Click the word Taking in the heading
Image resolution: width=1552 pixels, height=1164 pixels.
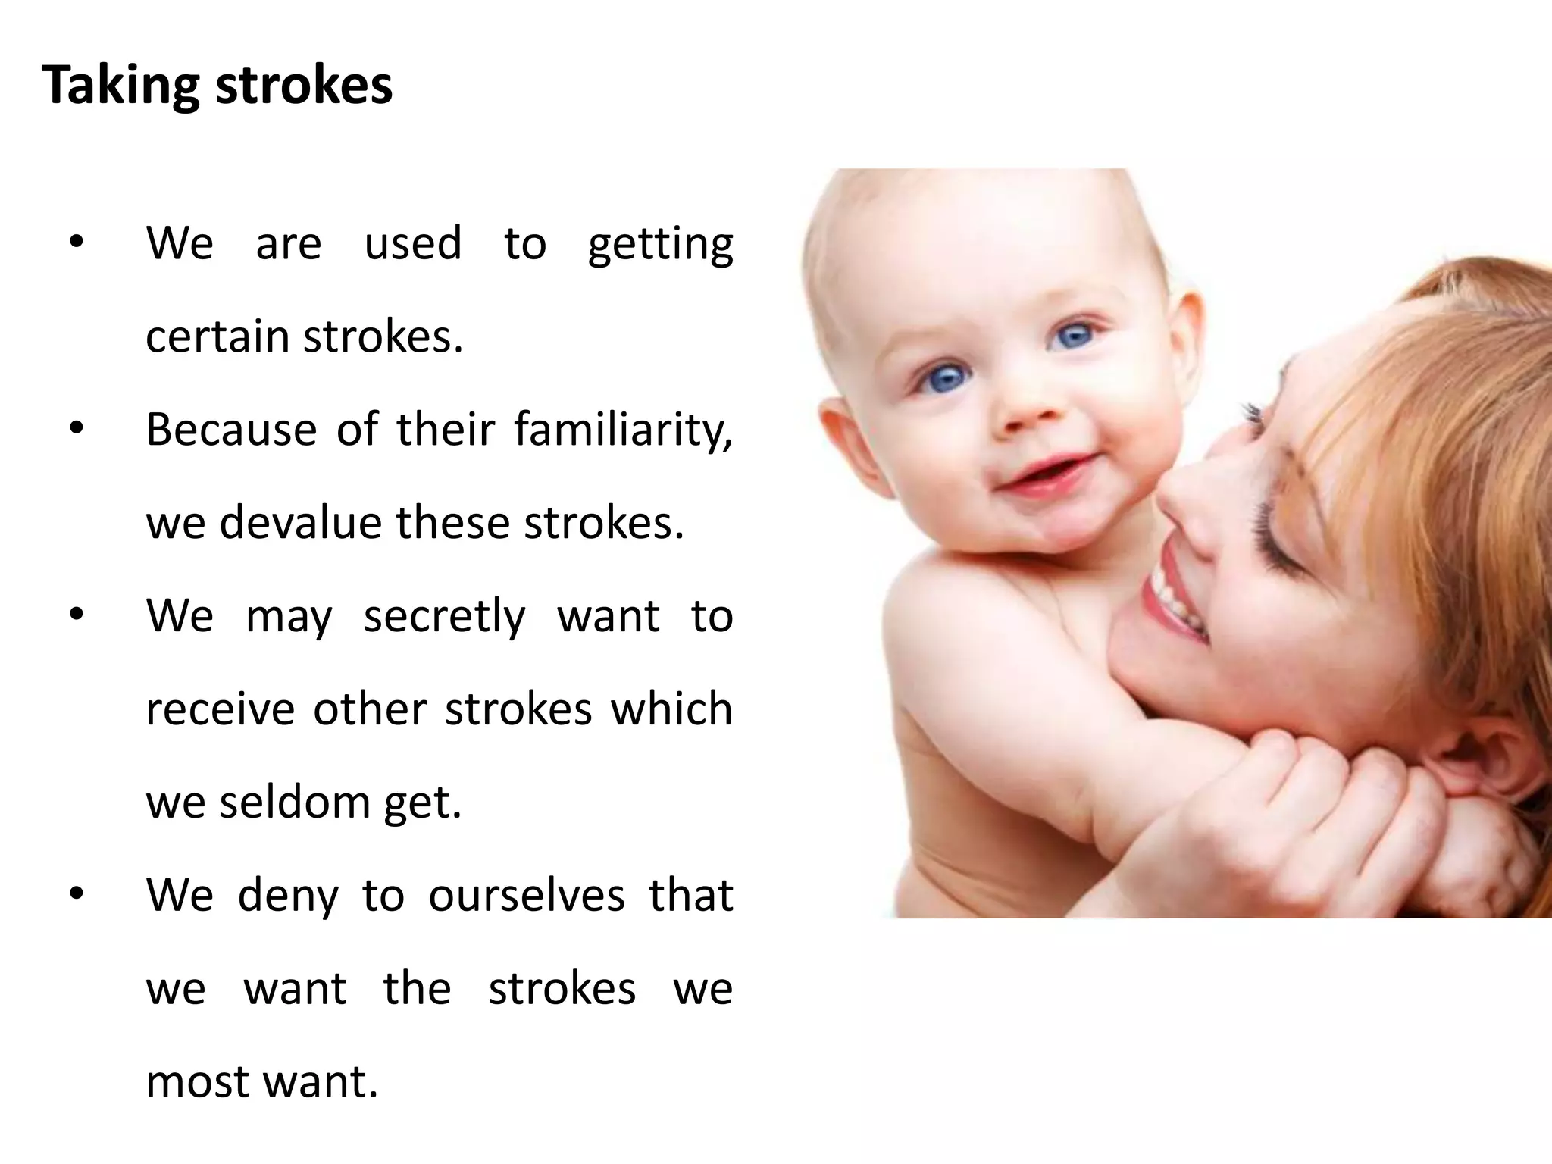click(x=121, y=85)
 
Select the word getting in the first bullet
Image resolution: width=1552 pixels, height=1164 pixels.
click(x=660, y=245)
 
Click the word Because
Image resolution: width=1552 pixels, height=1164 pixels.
click(x=231, y=430)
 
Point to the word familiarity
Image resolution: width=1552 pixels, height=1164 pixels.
click(x=622, y=430)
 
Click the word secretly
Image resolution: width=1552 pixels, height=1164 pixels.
click(x=444, y=616)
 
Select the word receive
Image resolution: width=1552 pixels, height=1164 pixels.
click(x=220, y=709)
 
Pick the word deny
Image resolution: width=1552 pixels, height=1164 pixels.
click(x=288, y=896)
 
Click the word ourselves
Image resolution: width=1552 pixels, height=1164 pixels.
click(x=527, y=895)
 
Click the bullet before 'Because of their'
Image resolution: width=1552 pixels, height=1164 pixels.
click(x=76, y=430)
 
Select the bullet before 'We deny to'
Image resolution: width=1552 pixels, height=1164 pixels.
click(x=76, y=895)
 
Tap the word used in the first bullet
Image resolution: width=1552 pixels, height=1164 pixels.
click(x=413, y=244)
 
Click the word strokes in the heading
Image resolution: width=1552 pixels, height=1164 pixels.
click(x=305, y=85)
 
